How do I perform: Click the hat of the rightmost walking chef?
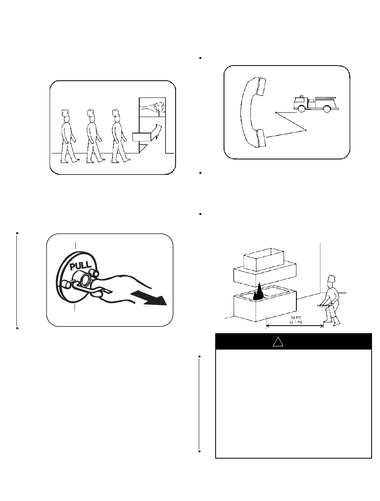point(116,113)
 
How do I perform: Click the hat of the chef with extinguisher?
point(332,278)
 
